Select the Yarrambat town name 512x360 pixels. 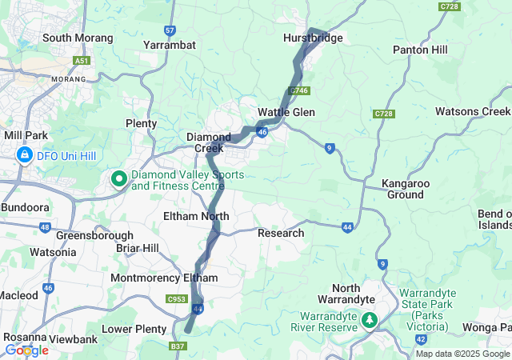point(169,46)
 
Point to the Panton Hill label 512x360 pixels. point(426,50)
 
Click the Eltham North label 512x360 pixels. point(196,217)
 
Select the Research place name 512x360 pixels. point(281,233)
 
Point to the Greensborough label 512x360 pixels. point(89,236)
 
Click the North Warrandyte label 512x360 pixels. point(353,293)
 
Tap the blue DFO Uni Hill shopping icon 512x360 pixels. point(25,154)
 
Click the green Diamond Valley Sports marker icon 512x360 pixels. point(119,179)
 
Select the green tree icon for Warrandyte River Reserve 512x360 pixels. point(369,320)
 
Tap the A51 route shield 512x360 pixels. point(81,61)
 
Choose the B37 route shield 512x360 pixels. point(178,346)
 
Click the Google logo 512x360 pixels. point(26,350)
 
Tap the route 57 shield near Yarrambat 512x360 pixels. point(169,30)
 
